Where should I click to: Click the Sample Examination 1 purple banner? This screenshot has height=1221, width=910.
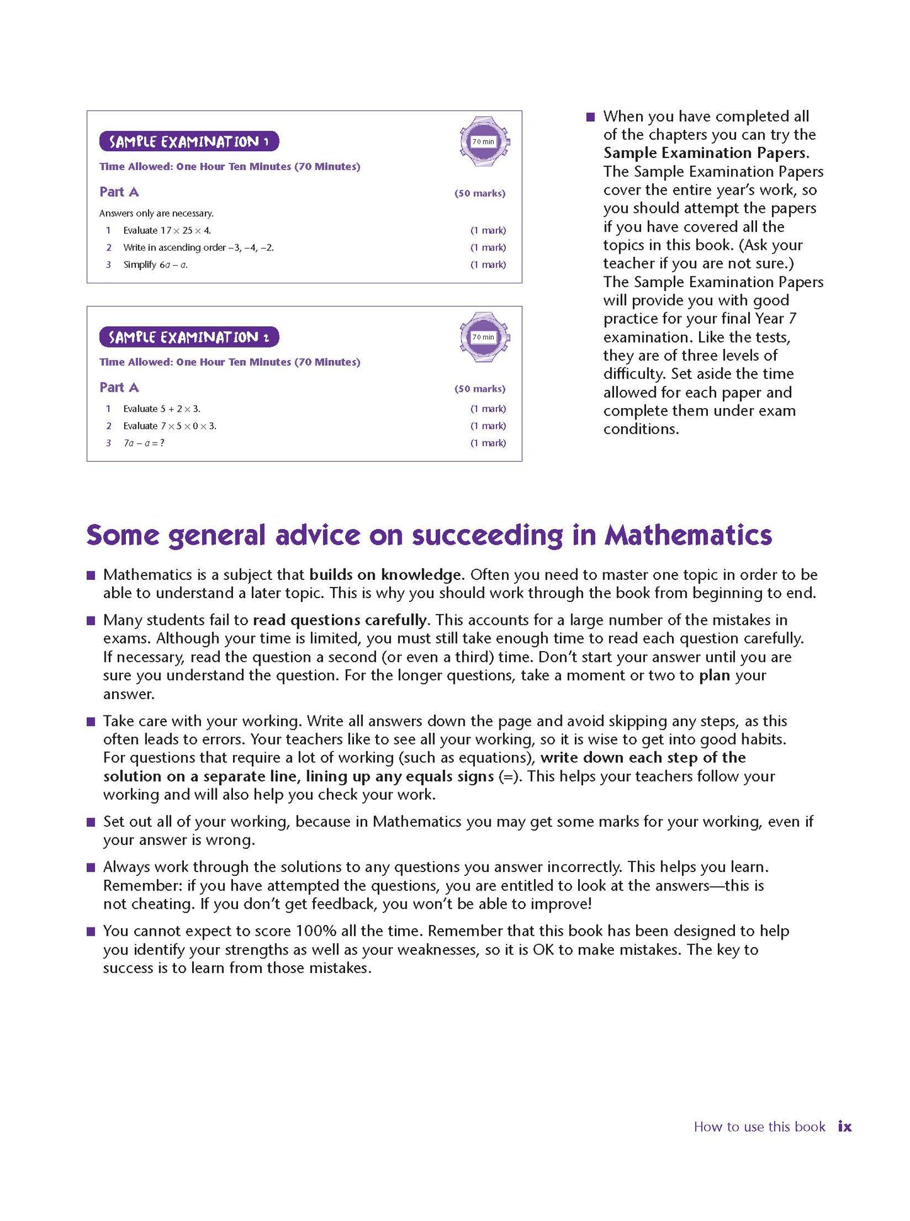[x=189, y=142]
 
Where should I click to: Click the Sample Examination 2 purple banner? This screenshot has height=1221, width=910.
[x=189, y=338]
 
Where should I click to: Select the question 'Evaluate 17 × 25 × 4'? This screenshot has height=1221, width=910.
[x=167, y=230]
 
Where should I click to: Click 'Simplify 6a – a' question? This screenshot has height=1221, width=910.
[x=155, y=265]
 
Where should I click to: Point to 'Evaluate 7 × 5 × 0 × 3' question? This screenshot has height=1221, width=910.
[x=169, y=426]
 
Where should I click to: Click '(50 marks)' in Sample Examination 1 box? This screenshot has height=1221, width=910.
[x=480, y=193]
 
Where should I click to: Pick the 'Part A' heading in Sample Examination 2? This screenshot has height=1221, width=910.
[x=119, y=388]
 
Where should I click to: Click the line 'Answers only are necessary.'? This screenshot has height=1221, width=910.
[x=156, y=213]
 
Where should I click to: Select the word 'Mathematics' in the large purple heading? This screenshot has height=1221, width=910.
[x=688, y=535]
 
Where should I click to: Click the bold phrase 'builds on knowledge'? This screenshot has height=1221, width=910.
[x=386, y=575]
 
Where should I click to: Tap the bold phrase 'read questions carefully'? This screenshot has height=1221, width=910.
[x=339, y=620]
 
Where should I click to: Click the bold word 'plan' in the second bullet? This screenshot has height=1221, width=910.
[x=714, y=676]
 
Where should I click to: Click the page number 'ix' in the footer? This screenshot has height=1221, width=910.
[x=845, y=1127]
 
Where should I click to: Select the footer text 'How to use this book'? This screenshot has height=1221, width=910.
[x=759, y=1127]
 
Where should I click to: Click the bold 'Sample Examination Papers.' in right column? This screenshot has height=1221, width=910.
[x=706, y=153]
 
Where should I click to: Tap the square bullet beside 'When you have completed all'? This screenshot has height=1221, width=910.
[x=590, y=117]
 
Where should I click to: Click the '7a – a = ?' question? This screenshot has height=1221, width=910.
[x=144, y=443]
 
